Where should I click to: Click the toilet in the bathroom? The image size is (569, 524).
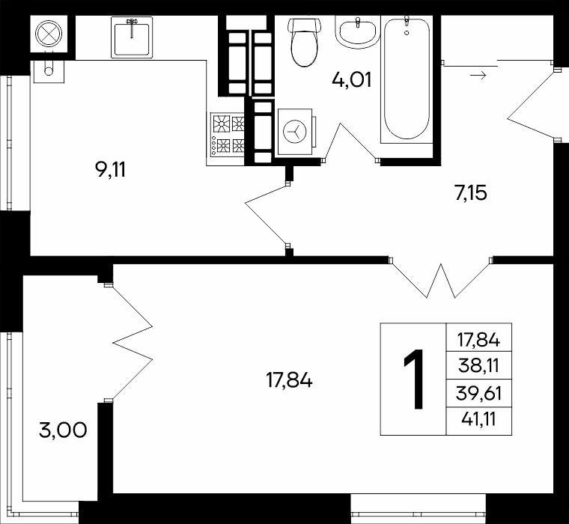[x=305, y=42]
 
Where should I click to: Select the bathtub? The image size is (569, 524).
[x=407, y=79]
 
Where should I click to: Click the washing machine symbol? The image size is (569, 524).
[x=295, y=131]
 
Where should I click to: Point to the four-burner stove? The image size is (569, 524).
[x=227, y=135]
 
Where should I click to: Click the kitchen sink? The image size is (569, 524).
[x=132, y=37]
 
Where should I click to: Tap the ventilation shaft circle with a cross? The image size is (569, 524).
[x=49, y=34]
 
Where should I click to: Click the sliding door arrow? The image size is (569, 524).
[x=478, y=76]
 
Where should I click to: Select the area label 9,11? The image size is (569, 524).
[x=110, y=170]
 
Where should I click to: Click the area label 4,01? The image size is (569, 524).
[x=352, y=80]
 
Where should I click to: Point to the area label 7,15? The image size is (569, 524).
[x=471, y=192]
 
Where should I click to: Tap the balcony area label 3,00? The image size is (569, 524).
[x=63, y=430]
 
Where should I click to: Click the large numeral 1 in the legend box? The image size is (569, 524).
[x=414, y=380]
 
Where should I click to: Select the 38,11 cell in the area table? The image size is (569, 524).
[x=479, y=365]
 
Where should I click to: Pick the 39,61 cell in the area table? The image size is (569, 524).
[x=479, y=393]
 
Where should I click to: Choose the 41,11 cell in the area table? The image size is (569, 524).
[x=479, y=421]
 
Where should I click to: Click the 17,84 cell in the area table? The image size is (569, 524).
[x=479, y=338]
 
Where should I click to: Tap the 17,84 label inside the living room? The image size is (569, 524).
[x=289, y=381]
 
